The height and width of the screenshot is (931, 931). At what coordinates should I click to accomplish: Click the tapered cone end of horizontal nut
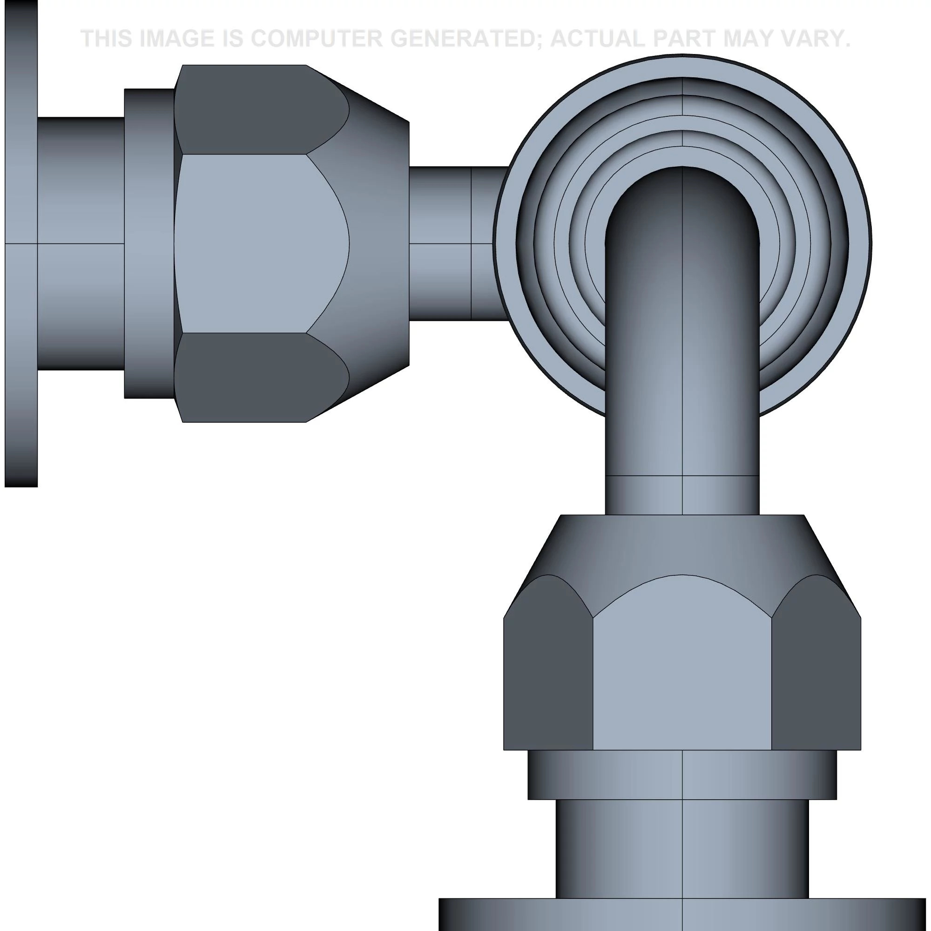tap(381, 243)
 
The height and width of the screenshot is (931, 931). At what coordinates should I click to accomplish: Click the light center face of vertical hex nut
tap(682, 675)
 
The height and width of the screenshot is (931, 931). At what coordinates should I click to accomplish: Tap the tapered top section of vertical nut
tap(682, 545)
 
